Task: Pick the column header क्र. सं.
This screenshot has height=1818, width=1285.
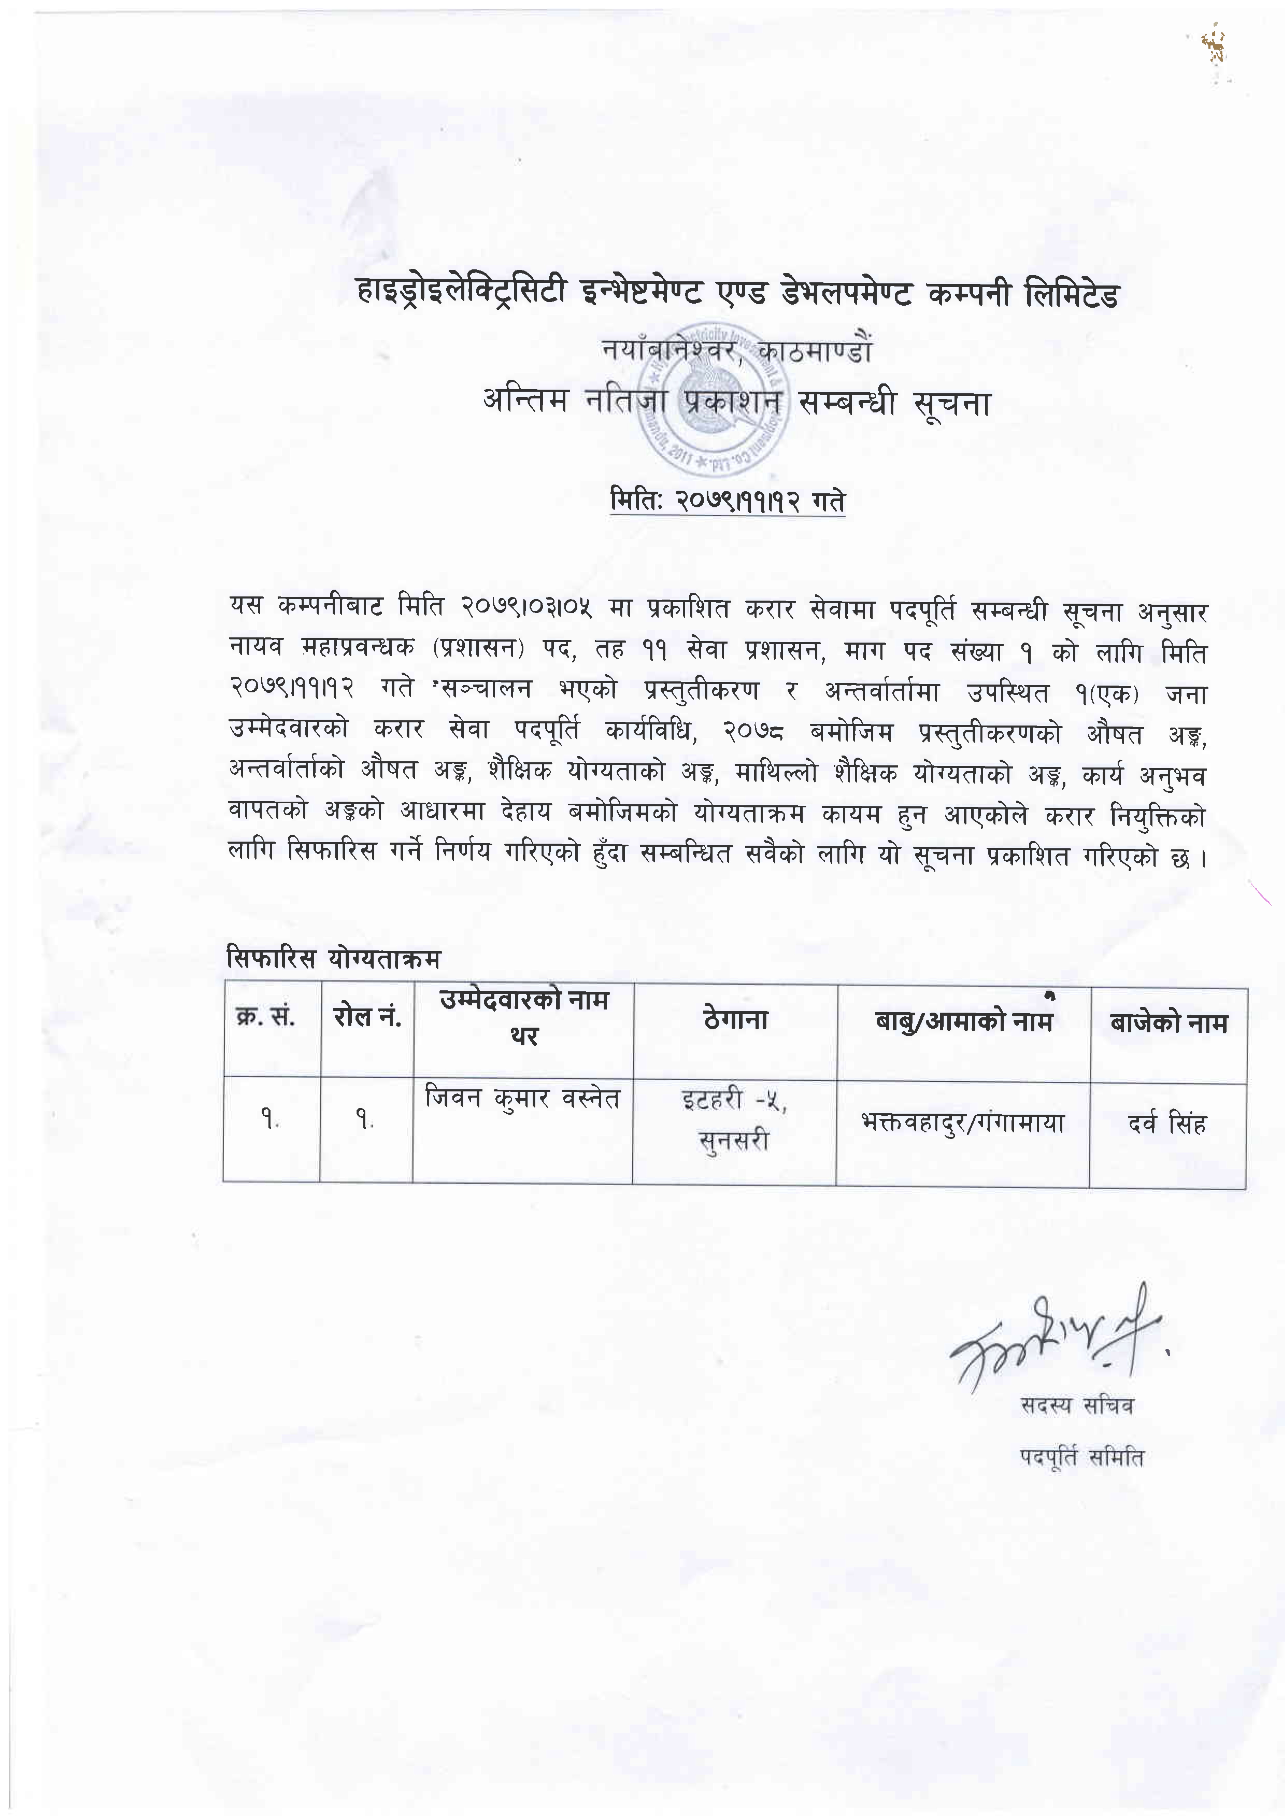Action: pos(266,1017)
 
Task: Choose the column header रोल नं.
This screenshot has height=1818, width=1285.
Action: pos(367,1017)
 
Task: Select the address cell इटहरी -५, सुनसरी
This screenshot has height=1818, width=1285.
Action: pos(734,1120)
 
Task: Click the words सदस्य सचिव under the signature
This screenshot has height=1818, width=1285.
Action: pos(1077,1405)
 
